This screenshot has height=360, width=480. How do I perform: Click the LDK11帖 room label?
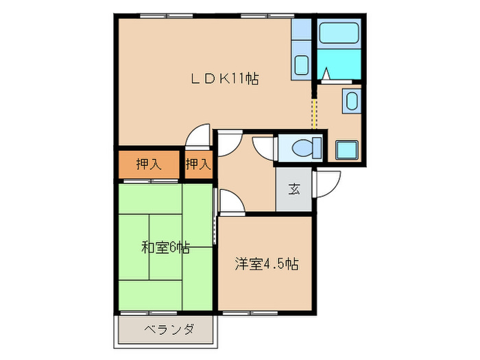click(224, 78)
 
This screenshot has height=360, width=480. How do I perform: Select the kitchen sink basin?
click(301, 67)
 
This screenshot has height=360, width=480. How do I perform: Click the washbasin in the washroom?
click(351, 103)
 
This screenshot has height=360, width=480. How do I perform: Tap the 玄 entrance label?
click(293, 189)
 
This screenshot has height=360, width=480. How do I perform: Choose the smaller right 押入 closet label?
click(198, 165)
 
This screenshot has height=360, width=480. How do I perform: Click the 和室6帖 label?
click(165, 248)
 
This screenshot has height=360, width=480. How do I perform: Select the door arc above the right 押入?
click(199, 136)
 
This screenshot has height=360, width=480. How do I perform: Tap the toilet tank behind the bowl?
click(317, 147)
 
